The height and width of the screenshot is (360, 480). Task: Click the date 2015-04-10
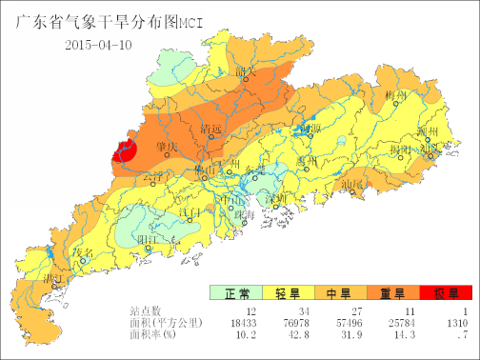click(98, 45)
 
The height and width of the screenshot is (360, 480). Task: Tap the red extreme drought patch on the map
click(125, 150)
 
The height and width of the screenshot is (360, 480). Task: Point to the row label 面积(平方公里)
click(166, 323)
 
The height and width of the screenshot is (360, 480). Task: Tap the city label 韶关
click(248, 72)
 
